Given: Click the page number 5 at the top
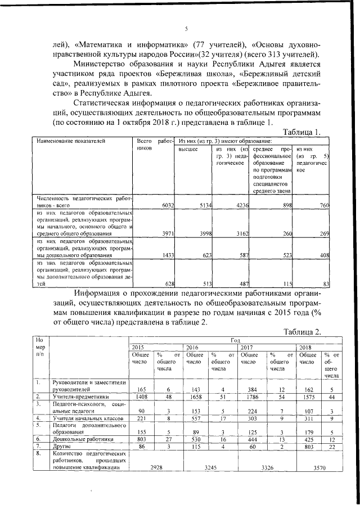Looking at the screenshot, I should (186, 29).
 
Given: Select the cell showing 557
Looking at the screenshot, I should (194, 418).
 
